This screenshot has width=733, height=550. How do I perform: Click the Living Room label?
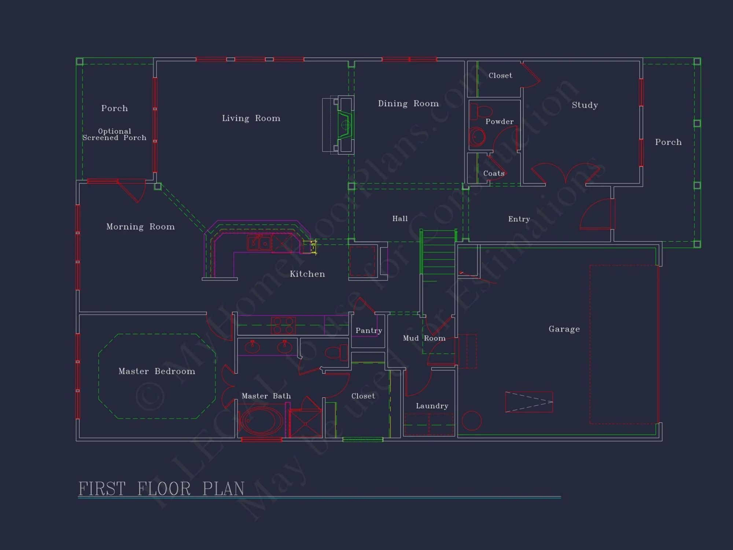pyautogui.click(x=251, y=118)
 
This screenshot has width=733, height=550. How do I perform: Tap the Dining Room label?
pyautogui.click(x=408, y=103)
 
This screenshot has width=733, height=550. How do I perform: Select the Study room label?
pyautogui.click(x=585, y=105)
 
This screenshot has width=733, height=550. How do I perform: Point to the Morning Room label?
pyautogui.click(x=140, y=227)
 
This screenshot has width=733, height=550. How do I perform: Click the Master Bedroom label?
pyautogui.click(x=157, y=371)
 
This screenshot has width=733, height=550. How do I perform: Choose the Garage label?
pyautogui.click(x=564, y=329)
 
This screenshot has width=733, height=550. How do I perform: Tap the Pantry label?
pyautogui.click(x=369, y=330)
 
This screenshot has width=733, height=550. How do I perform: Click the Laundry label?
pyautogui.click(x=432, y=406)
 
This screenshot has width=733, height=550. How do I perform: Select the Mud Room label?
pyautogui.click(x=424, y=338)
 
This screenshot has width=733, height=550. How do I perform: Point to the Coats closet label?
pyautogui.click(x=494, y=173)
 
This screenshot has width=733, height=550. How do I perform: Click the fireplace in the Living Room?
pyautogui.click(x=345, y=125)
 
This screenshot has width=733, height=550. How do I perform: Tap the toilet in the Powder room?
pyautogui.click(x=480, y=111)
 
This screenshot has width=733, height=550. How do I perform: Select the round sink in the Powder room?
pyautogui.click(x=477, y=137)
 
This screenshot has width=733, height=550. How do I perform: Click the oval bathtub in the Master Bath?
pyautogui.click(x=261, y=421)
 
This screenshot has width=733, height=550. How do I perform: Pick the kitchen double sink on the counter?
pyautogui.click(x=259, y=243)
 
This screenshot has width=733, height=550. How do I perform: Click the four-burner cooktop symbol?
pyautogui.click(x=283, y=326)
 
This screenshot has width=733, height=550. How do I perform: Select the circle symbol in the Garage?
pyautogui.click(x=471, y=421)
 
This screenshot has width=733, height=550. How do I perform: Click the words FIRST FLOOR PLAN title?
pyautogui.click(x=161, y=489)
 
